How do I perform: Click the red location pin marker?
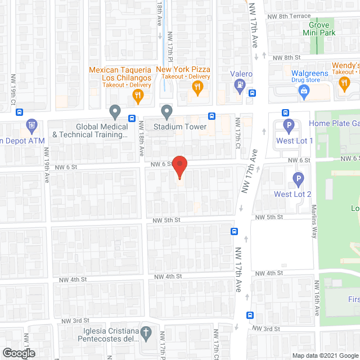tap(179, 166)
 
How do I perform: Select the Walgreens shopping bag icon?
tap(304, 90)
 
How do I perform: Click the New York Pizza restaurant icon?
tap(197, 87)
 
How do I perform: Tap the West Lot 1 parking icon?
tap(289, 125)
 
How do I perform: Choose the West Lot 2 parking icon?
tap(298, 179)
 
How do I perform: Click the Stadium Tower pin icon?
tap(166, 111)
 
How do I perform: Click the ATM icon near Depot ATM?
tap(32, 125)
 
